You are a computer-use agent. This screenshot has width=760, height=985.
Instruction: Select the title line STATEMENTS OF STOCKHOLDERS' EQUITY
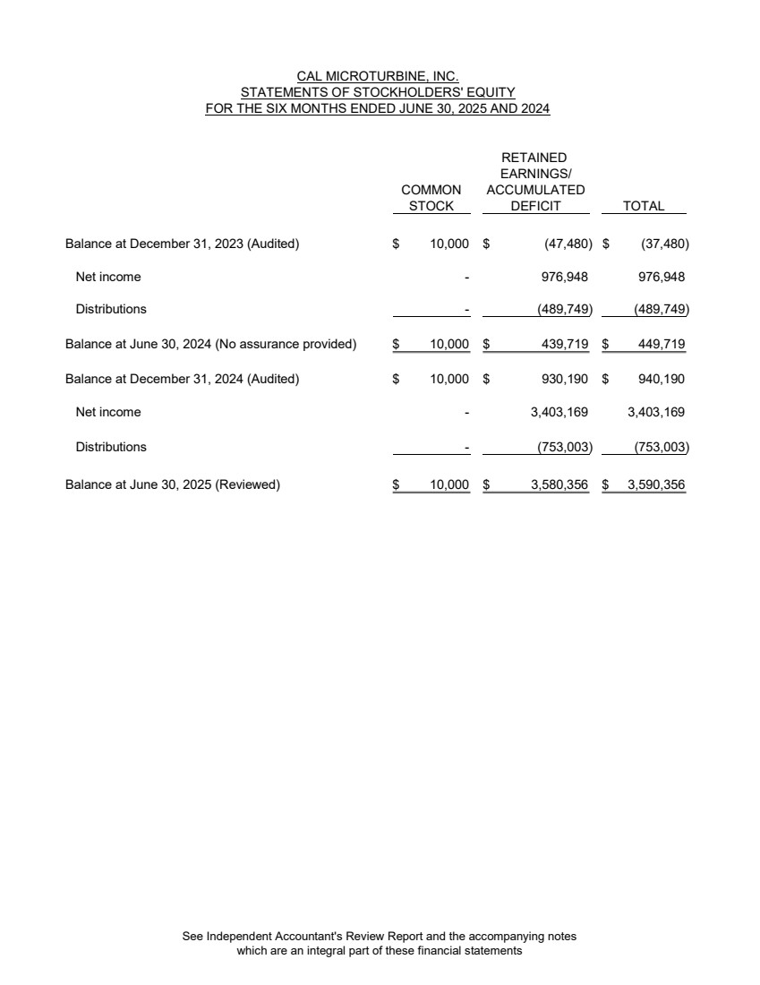tap(377, 93)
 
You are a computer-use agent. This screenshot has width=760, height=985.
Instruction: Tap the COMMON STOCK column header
tap(431, 198)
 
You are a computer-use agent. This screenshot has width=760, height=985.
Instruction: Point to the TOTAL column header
tap(644, 206)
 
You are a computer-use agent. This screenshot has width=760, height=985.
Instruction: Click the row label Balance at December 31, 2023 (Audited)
tap(182, 244)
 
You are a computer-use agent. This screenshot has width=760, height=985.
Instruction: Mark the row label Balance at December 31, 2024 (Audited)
tap(182, 379)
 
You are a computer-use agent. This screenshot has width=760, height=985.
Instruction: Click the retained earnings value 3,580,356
tap(554, 485)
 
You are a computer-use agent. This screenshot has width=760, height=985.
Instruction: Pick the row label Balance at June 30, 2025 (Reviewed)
tap(173, 485)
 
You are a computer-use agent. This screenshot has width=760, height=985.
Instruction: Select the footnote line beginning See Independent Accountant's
tap(379, 937)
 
